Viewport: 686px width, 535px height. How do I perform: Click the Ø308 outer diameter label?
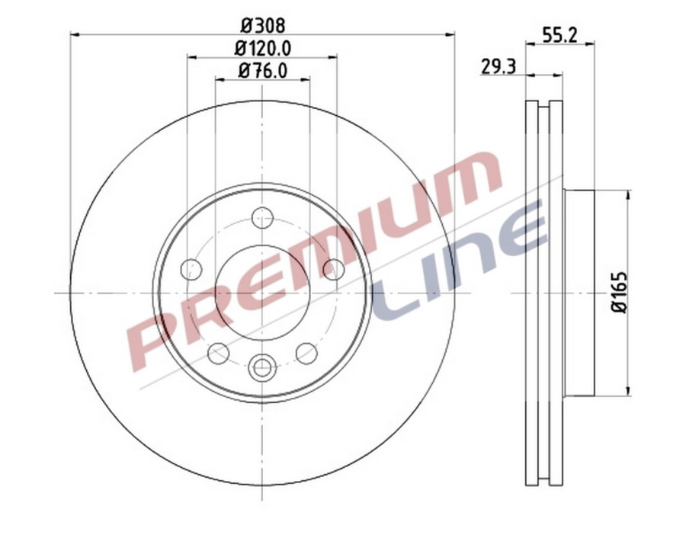pyautogui.click(x=262, y=24)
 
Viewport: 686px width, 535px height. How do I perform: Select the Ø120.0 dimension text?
pyautogui.click(x=262, y=48)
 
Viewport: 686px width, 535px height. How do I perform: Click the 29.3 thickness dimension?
pyautogui.click(x=499, y=67)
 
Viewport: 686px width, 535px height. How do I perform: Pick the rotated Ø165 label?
pyautogui.click(x=619, y=292)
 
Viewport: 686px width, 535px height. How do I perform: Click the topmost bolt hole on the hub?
pyautogui.click(x=262, y=217)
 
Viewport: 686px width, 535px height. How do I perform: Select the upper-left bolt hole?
pyautogui.click(x=191, y=269)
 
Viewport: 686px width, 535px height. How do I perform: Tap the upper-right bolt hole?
pyautogui.click(x=334, y=269)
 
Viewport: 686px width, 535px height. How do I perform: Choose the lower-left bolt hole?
pyautogui.click(x=218, y=353)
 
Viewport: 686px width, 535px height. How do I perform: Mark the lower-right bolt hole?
pyautogui.click(x=306, y=353)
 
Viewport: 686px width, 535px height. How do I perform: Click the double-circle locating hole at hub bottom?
pyautogui.click(x=262, y=368)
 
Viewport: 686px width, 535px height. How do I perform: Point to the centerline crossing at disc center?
pyautogui.click(x=262, y=293)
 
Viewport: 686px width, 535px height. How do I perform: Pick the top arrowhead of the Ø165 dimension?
pyautogui.click(x=628, y=195)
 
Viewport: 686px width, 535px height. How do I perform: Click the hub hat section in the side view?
pyautogui.click(x=579, y=293)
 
